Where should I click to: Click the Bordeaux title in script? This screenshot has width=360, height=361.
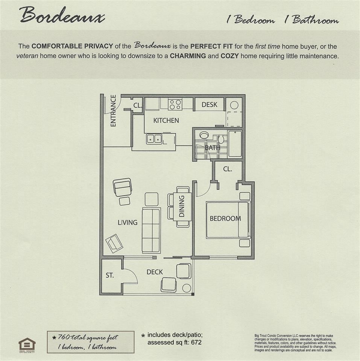[62, 15]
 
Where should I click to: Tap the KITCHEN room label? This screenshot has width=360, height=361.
[166, 120]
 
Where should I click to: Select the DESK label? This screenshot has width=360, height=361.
[210, 105]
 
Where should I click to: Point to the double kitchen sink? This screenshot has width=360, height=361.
[154, 139]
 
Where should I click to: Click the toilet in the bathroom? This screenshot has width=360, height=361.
[221, 139]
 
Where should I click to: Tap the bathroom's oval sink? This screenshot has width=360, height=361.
[204, 135]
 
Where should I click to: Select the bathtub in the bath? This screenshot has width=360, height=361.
[235, 144]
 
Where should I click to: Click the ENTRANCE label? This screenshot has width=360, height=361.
[113, 111]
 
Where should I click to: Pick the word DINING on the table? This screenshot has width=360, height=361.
[182, 206]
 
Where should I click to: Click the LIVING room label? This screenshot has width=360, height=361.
[128, 222]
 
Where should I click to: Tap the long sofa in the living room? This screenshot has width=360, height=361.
[151, 231]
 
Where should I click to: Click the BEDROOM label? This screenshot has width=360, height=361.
[225, 218]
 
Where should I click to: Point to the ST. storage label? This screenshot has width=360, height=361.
[109, 275]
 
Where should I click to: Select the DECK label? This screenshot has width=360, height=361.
[155, 272]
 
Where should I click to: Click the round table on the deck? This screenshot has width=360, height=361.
[187, 288]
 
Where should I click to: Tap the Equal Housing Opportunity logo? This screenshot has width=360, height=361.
[27, 345]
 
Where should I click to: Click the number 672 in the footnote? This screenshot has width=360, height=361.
[196, 342]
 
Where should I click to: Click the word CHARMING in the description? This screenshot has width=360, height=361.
[188, 56]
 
